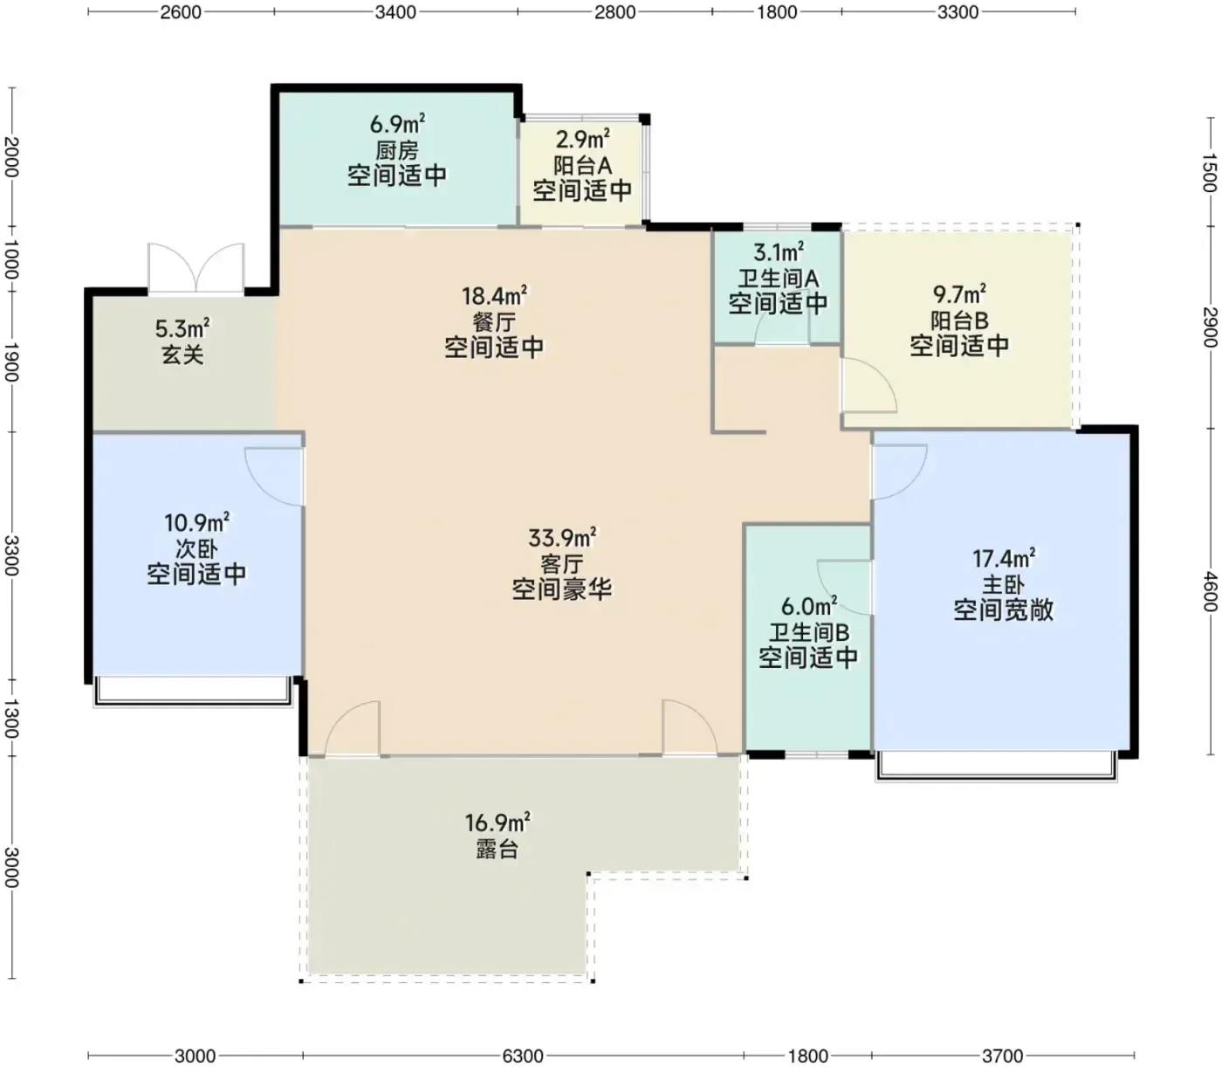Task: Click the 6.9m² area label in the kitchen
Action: click(x=397, y=125)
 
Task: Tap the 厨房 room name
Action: click(x=397, y=150)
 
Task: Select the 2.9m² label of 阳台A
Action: click(x=583, y=139)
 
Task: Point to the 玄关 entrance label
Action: click(x=182, y=355)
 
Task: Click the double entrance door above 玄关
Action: click(x=196, y=268)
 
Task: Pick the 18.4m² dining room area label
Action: click(x=495, y=296)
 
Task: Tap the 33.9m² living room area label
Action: click(x=562, y=538)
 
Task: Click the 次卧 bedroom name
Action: click(x=196, y=548)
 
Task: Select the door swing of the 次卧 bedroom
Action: click(x=273, y=476)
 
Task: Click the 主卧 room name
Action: click(x=1003, y=584)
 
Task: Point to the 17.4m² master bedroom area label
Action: click(x=1004, y=559)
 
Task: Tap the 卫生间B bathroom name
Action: click(x=808, y=632)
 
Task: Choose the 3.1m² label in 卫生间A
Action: click(x=779, y=252)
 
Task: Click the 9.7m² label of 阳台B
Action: click(x=959, y=294)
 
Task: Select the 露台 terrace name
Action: click(x=497, y=850)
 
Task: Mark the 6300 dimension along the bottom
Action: click(x=523, y=1057)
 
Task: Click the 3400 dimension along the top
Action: click(x=395, y=12)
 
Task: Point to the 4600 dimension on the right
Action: click(x=1210, y=592)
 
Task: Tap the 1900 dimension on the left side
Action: click(x=11, y=362)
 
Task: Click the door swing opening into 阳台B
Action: click(x=869, y=385)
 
